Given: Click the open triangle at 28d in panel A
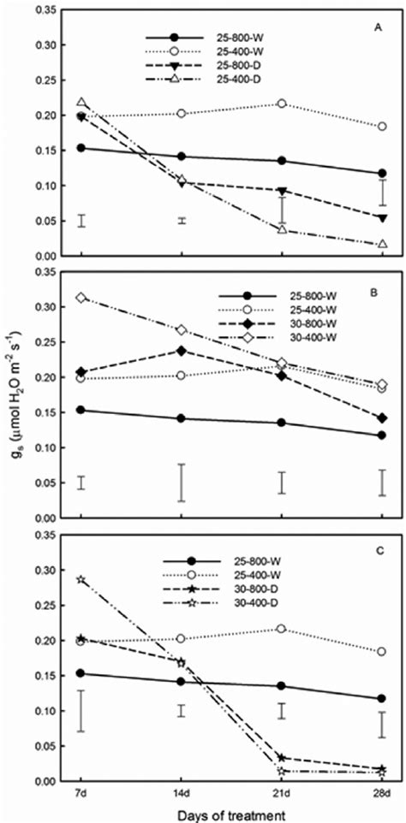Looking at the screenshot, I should [x=382, y=244].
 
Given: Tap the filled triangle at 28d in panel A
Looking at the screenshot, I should [x=382, y=218].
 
